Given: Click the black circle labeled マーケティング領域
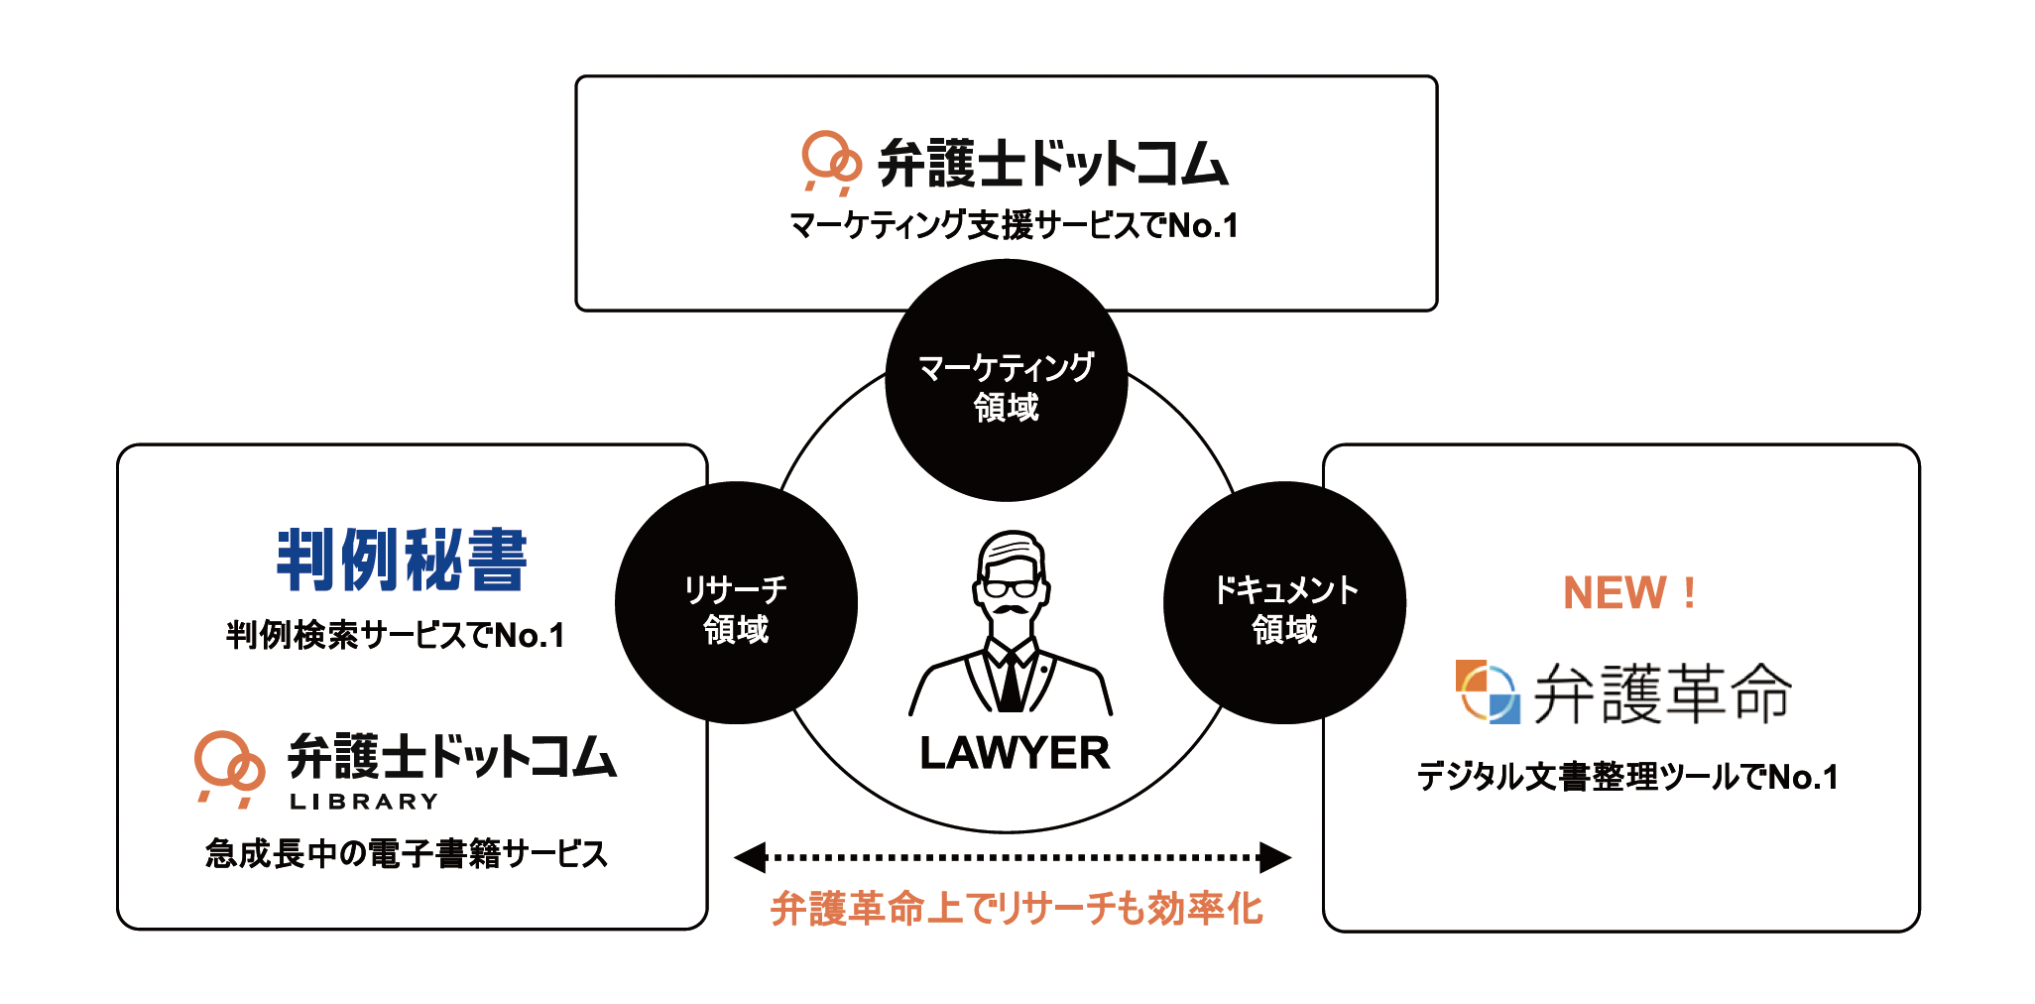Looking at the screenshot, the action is click(1006, 380).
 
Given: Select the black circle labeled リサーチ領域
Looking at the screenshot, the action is click(736, 603).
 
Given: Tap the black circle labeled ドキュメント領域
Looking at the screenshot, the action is click(1284, 603).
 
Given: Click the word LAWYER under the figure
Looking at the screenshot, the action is click(1015, 753).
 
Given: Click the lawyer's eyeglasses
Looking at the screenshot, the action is click(1011, 586).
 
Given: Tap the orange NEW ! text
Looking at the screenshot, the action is click(1628, 593).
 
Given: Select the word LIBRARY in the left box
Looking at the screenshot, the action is click(364, 802).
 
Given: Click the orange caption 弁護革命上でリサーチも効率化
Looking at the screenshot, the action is click(1017, 909).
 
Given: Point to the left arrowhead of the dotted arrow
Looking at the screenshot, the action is click(750, 857).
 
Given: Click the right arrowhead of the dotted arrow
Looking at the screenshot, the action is click(1275, 857).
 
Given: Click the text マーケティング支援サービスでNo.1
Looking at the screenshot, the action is click(1014, 226).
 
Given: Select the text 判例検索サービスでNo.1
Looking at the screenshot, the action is click(395, 635).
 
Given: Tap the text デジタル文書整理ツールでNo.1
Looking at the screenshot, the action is click(1627, 777).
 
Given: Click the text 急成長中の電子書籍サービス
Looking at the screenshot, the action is click(407, 853).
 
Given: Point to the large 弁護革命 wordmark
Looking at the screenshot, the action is click(1663, 693).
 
